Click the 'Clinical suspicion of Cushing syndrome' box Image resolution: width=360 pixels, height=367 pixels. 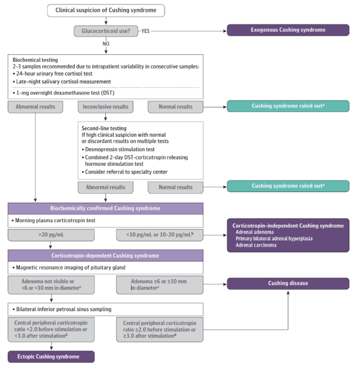(106, 11)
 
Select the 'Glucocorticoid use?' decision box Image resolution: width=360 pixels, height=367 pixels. (106, 31)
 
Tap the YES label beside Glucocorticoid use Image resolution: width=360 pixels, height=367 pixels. (145, 31)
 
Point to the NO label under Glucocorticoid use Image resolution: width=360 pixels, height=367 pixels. (106, 44)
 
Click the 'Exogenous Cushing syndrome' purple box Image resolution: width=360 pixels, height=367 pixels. (288, 30)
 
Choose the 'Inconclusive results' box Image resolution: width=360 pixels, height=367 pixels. (105, 107)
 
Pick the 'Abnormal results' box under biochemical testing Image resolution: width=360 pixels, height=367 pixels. (35, 107)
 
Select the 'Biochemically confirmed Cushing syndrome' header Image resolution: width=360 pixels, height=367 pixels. (105, 209)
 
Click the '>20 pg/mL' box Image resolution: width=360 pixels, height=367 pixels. (51, 235)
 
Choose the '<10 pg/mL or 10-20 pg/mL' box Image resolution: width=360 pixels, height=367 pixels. (160, 235)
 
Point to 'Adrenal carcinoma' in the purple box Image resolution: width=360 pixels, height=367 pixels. (256, 245)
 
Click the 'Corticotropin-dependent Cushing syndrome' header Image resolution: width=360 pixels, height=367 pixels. (105, 255)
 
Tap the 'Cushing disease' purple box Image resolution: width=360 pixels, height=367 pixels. (288, 283)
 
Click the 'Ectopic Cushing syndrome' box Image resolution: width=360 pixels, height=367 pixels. (51, 356)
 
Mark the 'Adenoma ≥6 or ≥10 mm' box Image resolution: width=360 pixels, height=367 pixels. (160, 285)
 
